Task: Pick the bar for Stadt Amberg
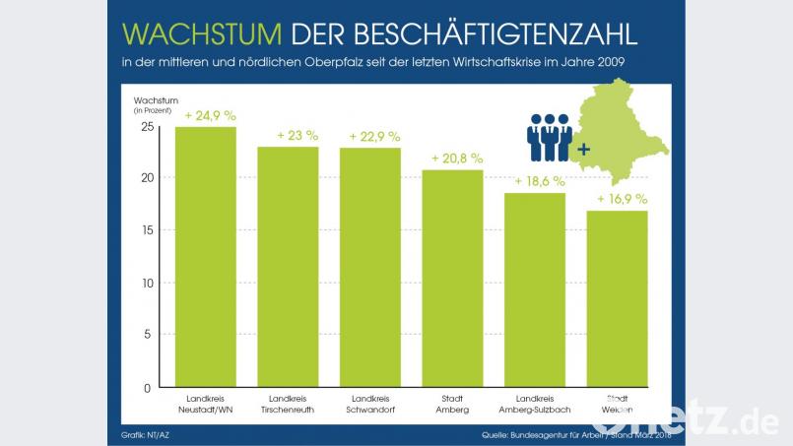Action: click(452, 278)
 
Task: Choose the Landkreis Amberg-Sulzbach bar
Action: click(535, 289)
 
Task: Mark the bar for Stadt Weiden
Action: click(618, 298)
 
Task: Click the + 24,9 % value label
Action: click(209, 115)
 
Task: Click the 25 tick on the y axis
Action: click(147, 127)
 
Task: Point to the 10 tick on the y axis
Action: click(147, 284)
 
